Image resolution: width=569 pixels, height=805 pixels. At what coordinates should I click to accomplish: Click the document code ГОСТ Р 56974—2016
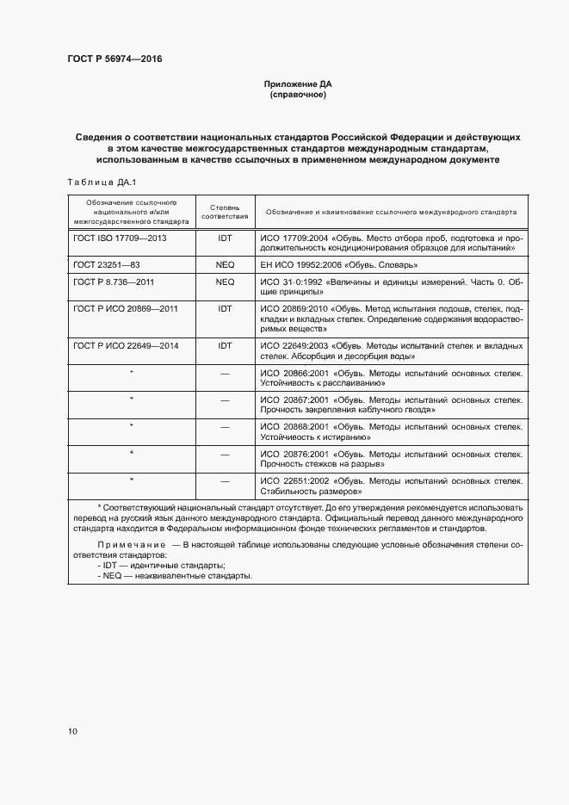pos(114,59)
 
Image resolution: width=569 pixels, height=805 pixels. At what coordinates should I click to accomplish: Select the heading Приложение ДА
pos(297,84)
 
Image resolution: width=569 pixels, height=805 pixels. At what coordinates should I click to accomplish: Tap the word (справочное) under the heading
pos(297,95)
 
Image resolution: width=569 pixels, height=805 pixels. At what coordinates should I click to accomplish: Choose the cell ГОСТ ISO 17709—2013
pos(120,236)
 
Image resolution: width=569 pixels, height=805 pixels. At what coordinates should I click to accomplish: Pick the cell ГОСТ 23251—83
pos(106,264)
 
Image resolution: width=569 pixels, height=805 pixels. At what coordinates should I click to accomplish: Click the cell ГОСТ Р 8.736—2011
pos(113,282)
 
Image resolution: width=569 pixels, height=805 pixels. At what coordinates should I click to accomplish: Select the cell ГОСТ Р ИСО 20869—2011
pos(126,308)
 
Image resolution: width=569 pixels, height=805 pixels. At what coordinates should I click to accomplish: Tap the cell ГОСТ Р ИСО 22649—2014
pos(126,345)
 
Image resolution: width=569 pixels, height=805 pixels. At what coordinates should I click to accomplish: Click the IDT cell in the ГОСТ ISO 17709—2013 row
pos(225,236)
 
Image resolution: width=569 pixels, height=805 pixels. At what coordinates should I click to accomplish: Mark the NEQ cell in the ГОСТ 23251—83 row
pos(225,264)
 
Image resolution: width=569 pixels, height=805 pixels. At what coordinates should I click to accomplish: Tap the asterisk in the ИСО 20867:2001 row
pos(131,399)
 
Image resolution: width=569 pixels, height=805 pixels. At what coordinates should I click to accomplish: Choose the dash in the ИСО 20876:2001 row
pos(225,453)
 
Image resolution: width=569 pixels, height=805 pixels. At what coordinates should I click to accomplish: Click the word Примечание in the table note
pos(131,546)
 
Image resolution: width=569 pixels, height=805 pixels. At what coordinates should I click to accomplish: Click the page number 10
pos(72,731)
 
